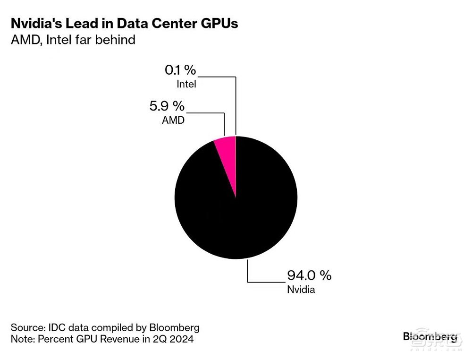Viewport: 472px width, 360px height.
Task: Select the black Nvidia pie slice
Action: [x=236, y=213]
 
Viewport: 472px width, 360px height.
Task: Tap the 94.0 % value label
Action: [x=309, y=275]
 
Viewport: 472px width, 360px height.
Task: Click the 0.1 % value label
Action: [x=180, y=70]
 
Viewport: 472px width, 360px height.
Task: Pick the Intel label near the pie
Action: [x=186, y=85]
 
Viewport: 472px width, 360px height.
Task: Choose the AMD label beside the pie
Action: [x=173, y=120]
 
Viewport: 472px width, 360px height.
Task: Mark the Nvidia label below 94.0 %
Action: [x=301, y=289]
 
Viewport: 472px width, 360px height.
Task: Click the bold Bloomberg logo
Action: [x=430, y=336]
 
